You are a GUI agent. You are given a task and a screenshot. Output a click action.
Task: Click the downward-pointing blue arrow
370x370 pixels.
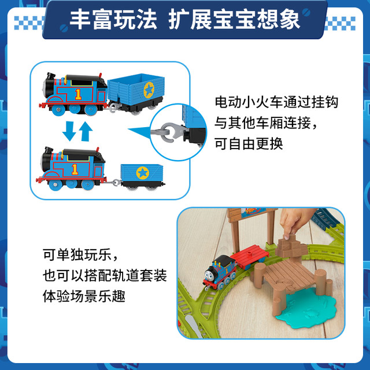point(69,131)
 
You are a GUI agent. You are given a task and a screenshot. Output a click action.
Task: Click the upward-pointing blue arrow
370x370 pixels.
point(86,131)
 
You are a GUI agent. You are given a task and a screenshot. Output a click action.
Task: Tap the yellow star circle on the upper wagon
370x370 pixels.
point(149,90)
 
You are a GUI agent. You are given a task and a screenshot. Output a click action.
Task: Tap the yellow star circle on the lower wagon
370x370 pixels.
point(143,173)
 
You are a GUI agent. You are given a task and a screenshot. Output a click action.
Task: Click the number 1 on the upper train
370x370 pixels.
point(78,94)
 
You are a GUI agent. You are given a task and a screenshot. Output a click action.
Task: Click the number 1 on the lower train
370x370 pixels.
point(75,169)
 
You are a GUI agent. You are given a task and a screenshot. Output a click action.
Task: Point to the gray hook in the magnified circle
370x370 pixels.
point(168,132)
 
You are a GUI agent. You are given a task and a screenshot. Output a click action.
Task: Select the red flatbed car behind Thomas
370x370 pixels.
point(250,256)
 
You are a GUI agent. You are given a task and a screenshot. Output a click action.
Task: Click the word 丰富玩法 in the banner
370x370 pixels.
point(113,20)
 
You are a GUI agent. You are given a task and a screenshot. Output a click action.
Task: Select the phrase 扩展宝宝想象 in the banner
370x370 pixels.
point(234,20)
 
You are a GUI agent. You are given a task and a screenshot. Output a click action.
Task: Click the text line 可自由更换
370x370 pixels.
point(249,144)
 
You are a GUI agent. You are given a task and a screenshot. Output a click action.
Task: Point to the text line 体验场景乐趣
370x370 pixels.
point(84,296)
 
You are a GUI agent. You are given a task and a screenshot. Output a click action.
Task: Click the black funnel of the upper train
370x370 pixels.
point(50,76)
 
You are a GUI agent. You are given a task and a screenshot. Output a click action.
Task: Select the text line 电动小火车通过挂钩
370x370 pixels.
point(276,102)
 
